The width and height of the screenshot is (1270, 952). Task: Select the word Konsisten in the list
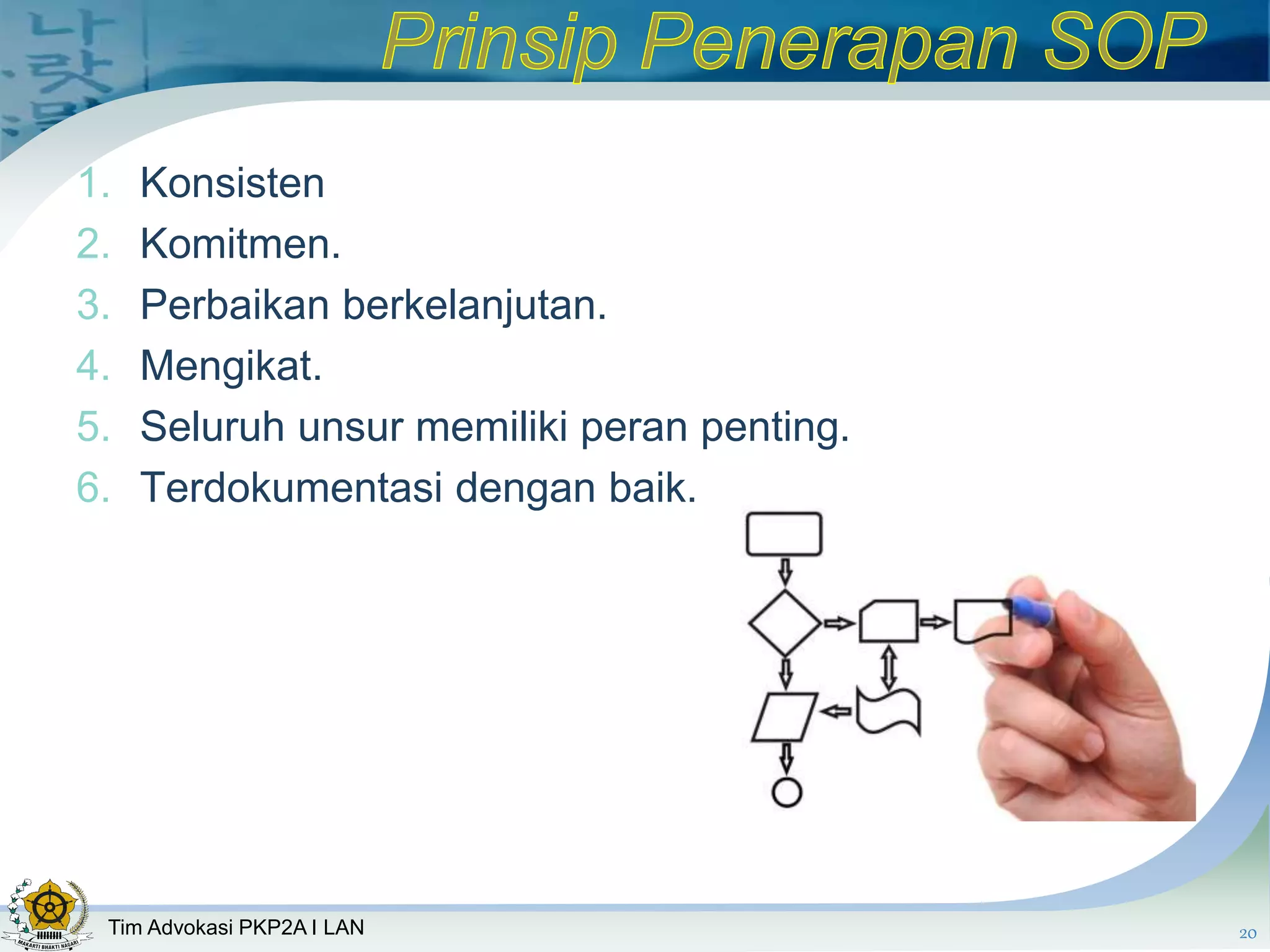pos(232,183)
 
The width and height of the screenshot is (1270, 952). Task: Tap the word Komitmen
pos(239,244)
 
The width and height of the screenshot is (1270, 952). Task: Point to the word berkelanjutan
pos(474,306)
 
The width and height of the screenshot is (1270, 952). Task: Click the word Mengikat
pos(231,366)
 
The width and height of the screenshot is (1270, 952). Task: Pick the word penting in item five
pos(775,428)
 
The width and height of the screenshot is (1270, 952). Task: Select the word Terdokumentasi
pos(291,488)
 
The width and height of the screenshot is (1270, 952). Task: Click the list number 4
pos(93,366)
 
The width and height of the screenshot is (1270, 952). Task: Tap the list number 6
pos(93,488)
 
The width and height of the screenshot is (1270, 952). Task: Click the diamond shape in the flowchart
pos(784,623)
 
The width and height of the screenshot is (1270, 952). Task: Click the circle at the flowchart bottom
pos(787,792)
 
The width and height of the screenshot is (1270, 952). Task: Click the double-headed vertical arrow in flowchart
pos(889,668)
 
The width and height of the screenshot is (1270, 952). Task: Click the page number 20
pos(1248,933)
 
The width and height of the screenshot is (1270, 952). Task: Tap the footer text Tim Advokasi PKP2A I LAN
pos(236,927)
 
